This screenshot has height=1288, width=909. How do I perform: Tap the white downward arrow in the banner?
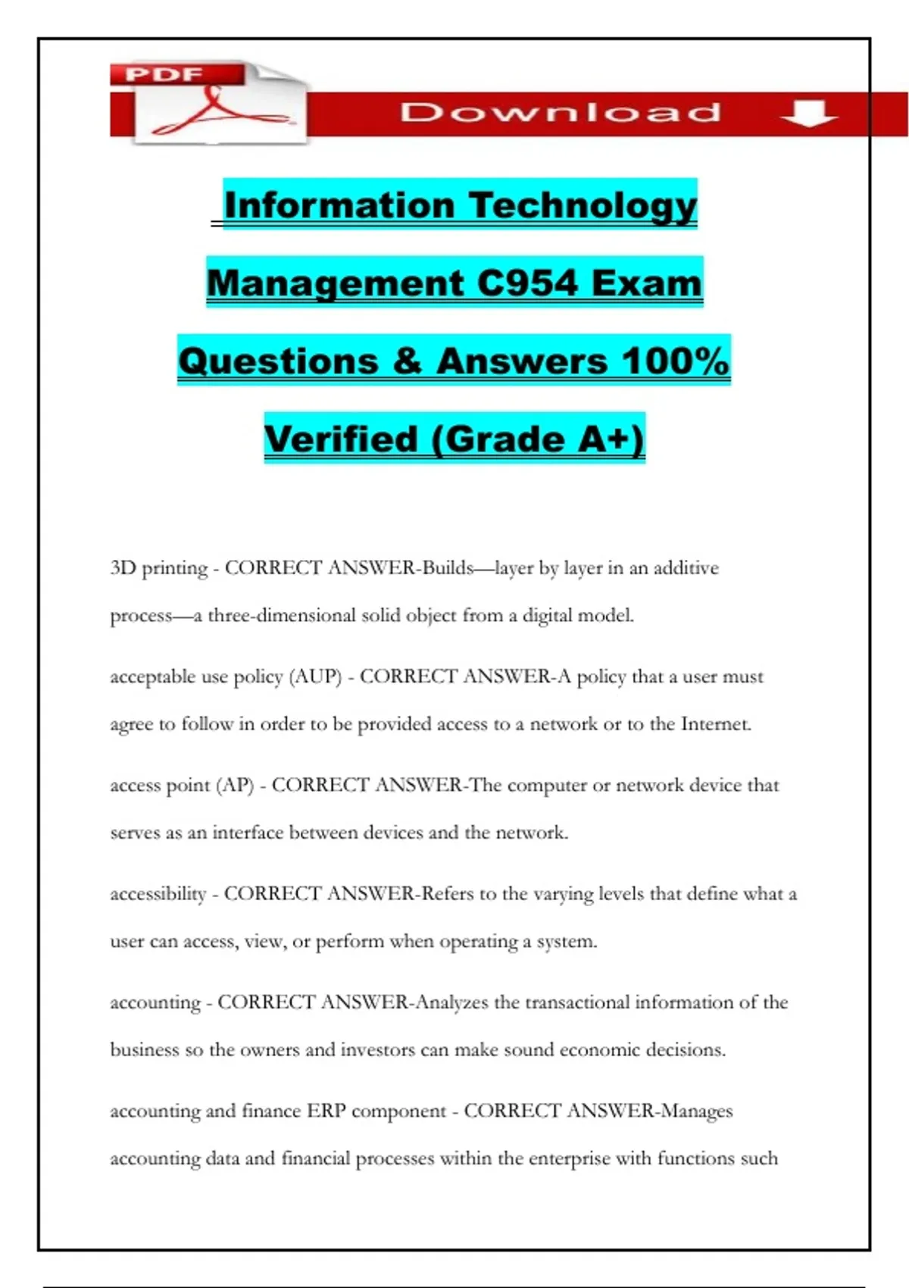point(808,114)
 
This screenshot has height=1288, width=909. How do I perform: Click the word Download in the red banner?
point(561,113)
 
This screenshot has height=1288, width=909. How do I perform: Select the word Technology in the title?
point(582,205)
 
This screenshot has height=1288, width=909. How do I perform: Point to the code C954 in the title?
point(527,283)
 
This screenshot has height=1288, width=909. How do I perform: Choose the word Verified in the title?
point(341,439)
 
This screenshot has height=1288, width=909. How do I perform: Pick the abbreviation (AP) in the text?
point(235,785)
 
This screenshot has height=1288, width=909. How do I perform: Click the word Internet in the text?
point(715,724)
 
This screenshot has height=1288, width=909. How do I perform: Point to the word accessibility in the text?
point(158,894)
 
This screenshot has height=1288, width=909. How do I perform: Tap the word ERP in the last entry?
point(326,1111)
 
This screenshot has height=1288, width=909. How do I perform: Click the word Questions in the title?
point(278,361)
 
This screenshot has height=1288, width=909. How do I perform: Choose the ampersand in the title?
point(408,361)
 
